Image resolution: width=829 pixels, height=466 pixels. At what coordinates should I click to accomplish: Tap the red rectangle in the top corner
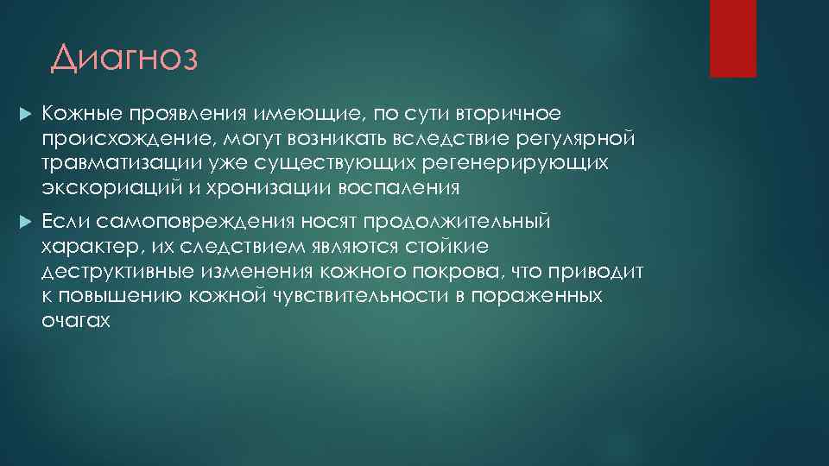click(732, 38)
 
